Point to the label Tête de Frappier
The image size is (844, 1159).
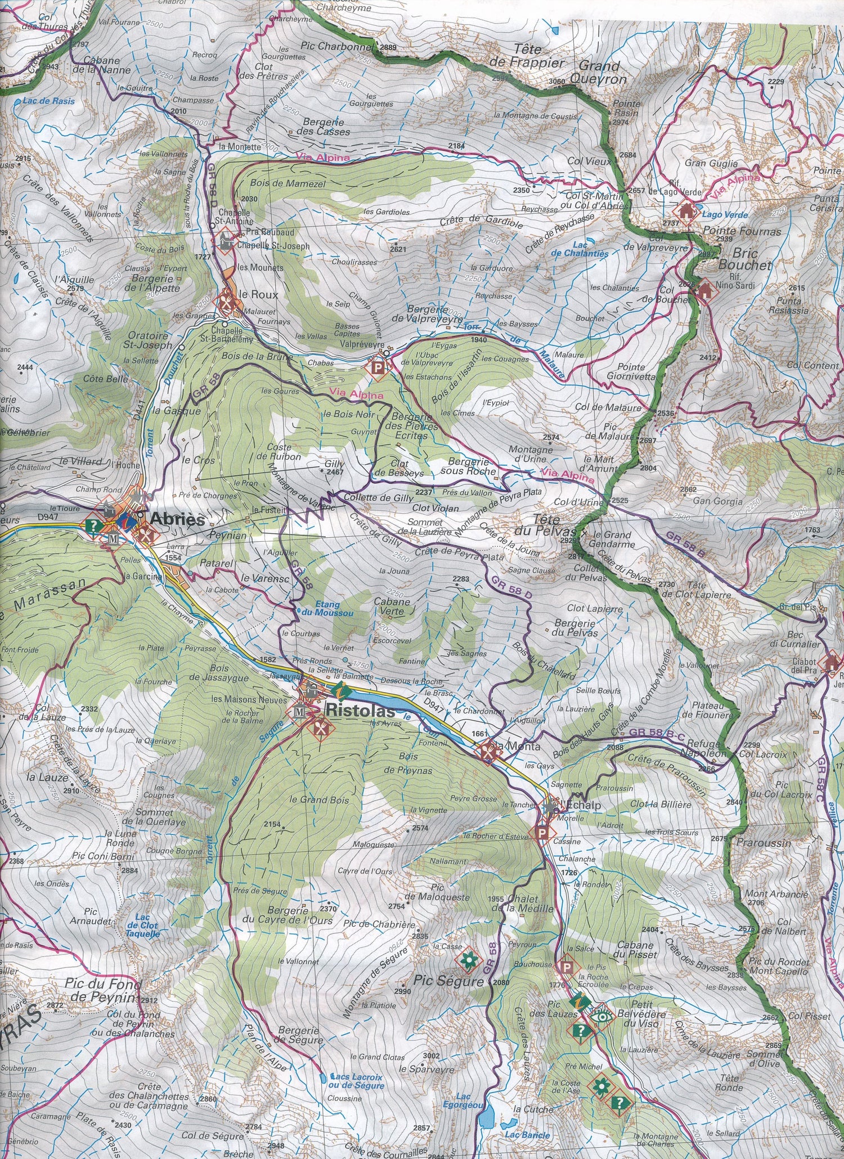tap(527, 56)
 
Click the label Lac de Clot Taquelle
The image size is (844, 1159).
tap(142, 926)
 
